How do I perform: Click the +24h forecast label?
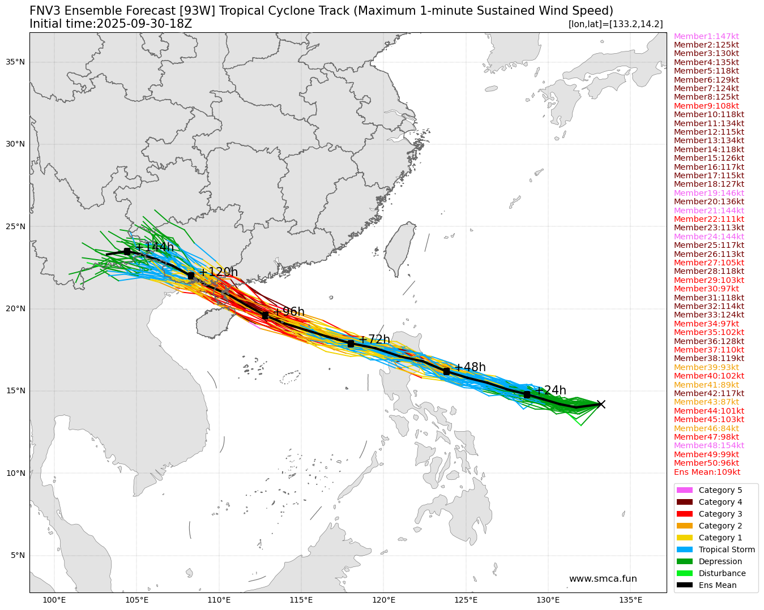pos(550,390)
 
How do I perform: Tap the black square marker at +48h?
pos(446,371)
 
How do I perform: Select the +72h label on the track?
pos(374,340)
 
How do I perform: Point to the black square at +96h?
pos(265,315)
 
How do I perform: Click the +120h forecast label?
pos(218,272)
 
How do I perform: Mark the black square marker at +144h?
pos(127,251)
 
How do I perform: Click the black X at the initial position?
pos(601,404)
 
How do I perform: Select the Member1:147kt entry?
pos(706,36)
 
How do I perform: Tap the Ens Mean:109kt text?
pos(707,472)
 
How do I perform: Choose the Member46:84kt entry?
pos(706,428)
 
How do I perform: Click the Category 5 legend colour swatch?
pos(684,490)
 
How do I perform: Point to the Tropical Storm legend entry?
pos(727,549)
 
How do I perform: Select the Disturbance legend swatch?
pos(684,573)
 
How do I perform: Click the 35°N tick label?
pos(15,62)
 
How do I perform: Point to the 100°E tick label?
pos(54,600)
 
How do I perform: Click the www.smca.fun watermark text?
pos(603,579)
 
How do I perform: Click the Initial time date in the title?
pos(144,24)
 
